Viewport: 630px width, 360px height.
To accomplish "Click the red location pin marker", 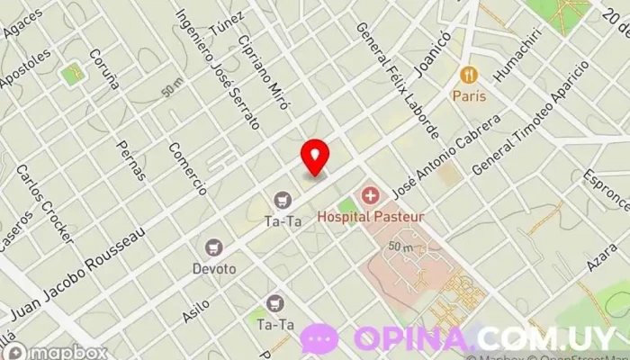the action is click(x=315, y=157).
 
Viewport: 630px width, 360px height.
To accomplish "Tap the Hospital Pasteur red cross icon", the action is click(x=369, y=195).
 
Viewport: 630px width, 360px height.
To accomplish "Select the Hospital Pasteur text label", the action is click(x=370, y=216).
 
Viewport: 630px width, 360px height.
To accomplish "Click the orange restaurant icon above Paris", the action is click(x=468, y=75).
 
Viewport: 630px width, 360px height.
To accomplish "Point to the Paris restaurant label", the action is click(x=468, y=95).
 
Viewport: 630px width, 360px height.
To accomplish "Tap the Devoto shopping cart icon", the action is click(x=213, y=247).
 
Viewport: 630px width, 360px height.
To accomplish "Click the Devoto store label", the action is click(x=213, y=268).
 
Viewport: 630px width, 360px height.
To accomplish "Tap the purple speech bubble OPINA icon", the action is click(x=319, y=339).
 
